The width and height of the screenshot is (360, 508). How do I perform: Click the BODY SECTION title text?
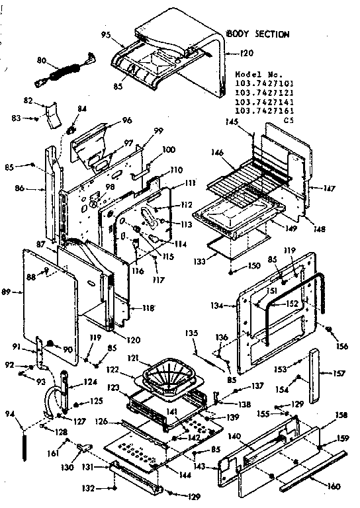pos(257,33)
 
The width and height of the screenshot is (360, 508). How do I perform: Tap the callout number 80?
pos(42,60)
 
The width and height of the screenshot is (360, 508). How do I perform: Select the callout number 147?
pos(329,189)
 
